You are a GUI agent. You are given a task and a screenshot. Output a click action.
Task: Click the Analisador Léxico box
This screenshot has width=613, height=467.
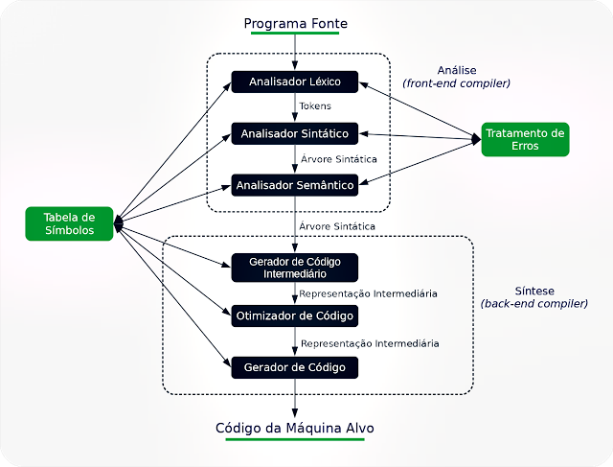click(295, 82)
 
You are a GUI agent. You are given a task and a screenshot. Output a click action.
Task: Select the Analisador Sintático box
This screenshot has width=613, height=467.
click(295, 132)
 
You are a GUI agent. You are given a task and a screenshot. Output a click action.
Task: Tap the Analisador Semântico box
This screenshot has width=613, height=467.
click(295, 184)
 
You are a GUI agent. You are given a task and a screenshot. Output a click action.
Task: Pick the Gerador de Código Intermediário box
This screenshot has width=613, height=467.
click(295, 267)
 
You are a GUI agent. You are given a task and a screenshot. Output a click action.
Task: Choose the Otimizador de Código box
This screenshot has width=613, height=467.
click(295, 315)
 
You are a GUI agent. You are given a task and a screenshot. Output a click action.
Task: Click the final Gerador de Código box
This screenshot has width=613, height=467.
click(295, 366)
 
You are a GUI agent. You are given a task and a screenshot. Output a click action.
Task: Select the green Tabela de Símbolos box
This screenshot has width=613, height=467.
click(69, 223)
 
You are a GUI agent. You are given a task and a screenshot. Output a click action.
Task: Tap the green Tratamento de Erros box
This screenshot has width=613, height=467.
click(525, 139)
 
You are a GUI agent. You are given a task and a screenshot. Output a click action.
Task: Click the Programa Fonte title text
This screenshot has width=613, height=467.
click(295, 23)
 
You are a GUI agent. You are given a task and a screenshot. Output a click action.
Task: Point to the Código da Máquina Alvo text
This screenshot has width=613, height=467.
click(295, 427)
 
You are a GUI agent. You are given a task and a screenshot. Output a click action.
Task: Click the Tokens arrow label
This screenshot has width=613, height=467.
click(316, 106)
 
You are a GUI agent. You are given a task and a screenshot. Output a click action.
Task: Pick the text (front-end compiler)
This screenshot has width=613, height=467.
click(456, 83)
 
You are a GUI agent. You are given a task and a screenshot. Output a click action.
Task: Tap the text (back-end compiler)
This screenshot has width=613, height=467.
click(534, 303)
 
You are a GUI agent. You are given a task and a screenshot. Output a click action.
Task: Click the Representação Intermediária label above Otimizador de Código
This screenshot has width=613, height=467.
click(368, 293)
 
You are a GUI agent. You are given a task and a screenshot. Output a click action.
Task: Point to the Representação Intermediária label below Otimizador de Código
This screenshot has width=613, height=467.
click(370, 342)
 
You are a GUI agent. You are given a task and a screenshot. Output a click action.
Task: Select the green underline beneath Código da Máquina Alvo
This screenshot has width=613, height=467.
click(295, 439)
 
